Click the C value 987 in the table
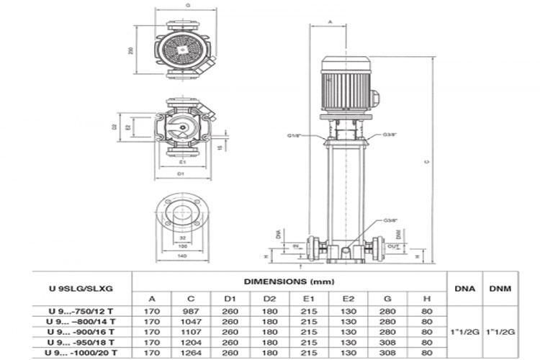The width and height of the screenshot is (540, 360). (x=190, y=311)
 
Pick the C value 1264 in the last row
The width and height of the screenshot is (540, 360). (x=190, y=354)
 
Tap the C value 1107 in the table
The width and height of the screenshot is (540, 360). (x=190, y=333)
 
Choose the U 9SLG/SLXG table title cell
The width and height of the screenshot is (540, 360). (x=79, y=289)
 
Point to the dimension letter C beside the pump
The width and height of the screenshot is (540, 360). (x=426, y=161)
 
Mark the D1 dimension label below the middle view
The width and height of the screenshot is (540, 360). (x=183, y=173)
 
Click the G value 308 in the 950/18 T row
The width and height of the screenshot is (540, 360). (x=387, y=343)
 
